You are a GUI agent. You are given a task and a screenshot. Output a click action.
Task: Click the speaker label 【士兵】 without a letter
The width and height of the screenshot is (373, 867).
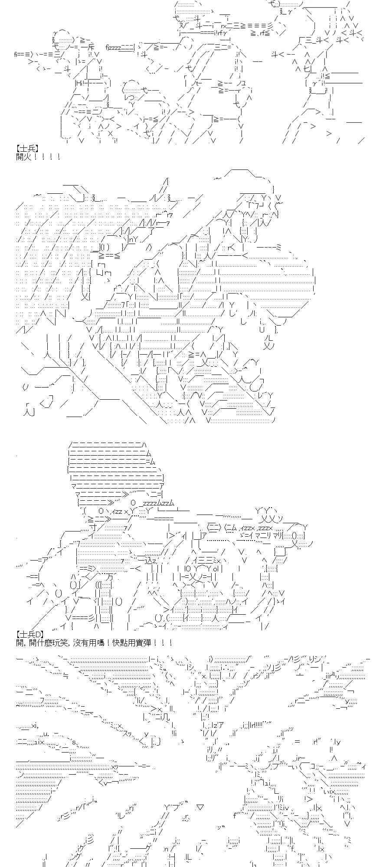pyautogui.click(x=30, y=149)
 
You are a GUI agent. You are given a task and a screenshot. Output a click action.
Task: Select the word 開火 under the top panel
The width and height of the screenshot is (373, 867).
pyautogui.click(x=23, y=156)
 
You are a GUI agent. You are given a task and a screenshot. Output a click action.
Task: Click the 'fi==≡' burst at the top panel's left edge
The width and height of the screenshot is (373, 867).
pyautogui.click(x=22, y=55)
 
